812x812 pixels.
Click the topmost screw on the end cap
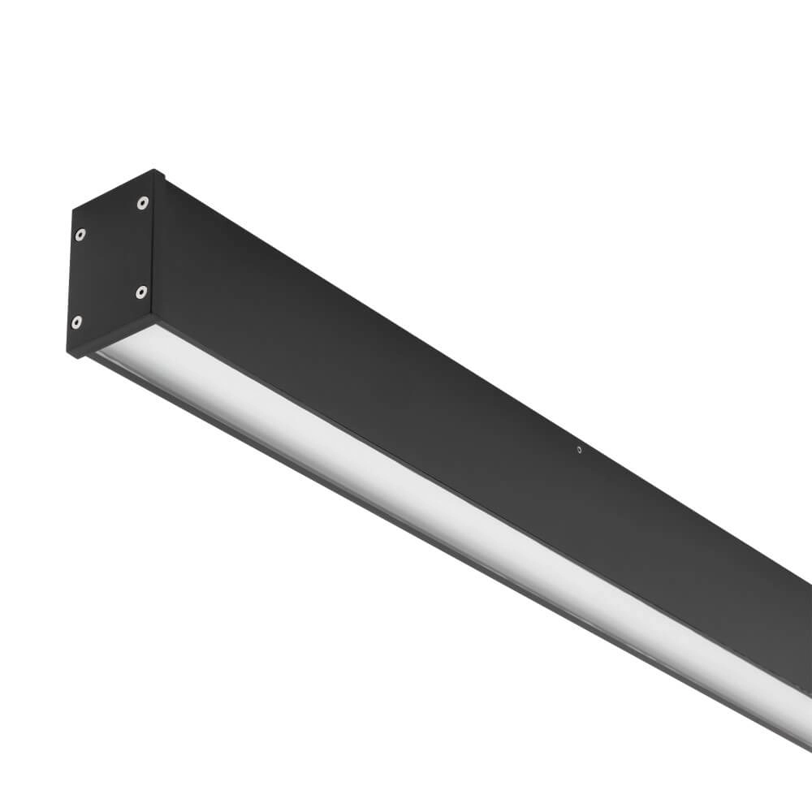click(142, 202)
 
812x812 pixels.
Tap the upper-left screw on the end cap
click(80, 235)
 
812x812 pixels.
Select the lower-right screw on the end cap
click(141, 290)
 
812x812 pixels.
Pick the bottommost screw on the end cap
click(76, 322)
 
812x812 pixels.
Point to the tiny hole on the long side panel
click(579, 448)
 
